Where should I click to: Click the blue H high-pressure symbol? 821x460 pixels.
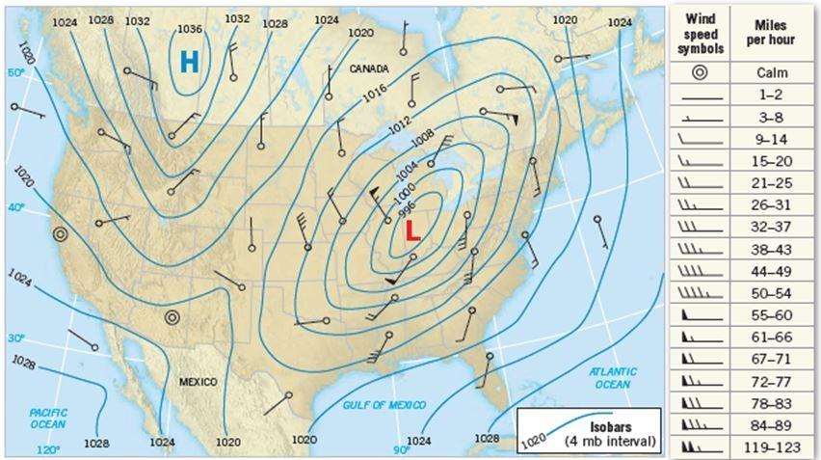[190, 62]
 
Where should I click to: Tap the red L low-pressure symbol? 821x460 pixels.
[411, 230]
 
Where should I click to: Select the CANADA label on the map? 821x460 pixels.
[369, 69]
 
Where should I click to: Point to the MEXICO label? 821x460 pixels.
[199, 382]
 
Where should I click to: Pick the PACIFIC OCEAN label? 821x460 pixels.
[48, 418]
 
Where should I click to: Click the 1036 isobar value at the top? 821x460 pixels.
[191, 29]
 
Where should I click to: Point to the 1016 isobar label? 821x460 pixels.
[376, 95]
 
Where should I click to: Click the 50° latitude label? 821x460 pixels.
[14, 72]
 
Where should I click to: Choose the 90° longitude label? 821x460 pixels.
[401, 449]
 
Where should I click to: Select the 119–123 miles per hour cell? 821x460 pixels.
[781, 446]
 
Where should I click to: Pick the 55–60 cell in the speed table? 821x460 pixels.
[781, 315]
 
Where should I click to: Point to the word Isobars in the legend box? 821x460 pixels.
[599, 426]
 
